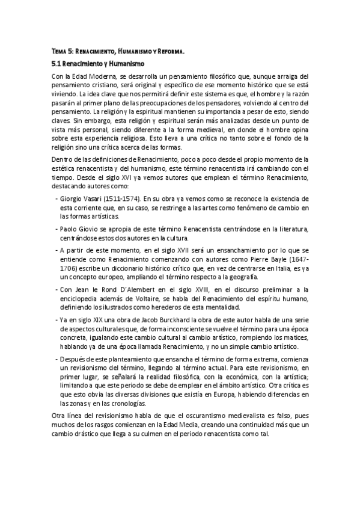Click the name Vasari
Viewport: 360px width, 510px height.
[x=94, y=198]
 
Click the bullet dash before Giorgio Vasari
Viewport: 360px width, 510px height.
[x=56, y=198]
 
